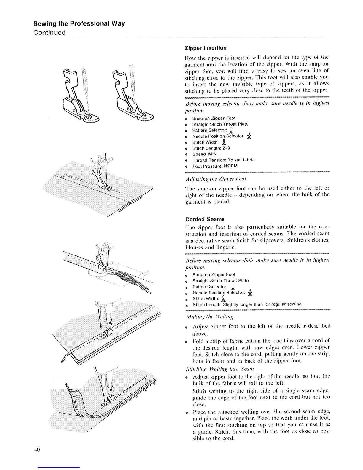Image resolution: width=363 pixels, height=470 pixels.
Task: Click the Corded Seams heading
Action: point(205,219)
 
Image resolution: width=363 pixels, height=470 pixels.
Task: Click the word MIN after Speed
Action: point(212,154)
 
